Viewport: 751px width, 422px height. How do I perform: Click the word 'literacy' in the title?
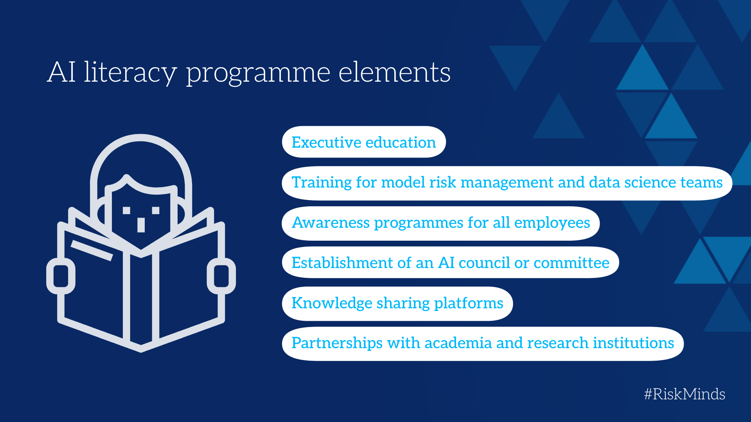click(130, 73)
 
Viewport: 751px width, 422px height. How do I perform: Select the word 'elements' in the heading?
click(394, 73)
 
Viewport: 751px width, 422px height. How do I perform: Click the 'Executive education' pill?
click(364, 142)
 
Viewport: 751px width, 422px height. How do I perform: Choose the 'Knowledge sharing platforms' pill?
click(397, 304)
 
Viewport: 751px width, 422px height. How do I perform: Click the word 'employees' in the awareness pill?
click(552, 223)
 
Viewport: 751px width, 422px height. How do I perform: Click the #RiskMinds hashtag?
click(685, 394)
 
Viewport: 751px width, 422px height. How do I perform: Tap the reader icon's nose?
click(141, 225)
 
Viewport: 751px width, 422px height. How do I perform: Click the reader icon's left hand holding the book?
click(61, 276)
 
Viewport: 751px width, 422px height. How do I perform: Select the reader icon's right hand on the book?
click(221, 276)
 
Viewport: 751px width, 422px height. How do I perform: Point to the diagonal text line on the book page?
click(92, 250)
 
